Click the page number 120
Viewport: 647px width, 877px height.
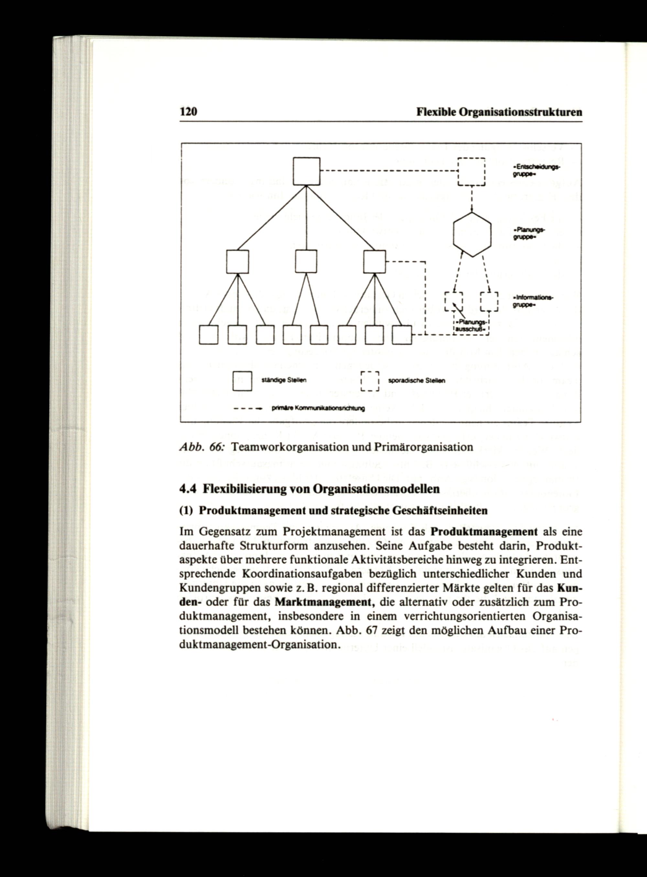tap(188, 112)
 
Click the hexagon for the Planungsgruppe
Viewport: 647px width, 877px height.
tap(472, 234)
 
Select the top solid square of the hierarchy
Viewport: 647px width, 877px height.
tap(307, 171)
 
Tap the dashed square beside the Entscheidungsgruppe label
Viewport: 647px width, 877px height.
tap(472, 171)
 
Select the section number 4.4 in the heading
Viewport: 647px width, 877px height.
tap(186, 489)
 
